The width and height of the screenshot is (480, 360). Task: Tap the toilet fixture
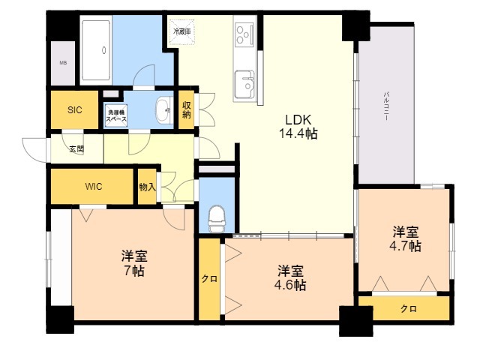(216, 217)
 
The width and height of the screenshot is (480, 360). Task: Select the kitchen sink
(244, 83)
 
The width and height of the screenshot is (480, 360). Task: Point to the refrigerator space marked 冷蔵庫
(182, 33)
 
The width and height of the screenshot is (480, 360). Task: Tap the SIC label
(75, 110)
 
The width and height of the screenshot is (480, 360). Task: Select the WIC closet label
(94, 186)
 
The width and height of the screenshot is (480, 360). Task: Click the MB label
(63, 62)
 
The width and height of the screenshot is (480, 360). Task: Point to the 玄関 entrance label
(76, 148)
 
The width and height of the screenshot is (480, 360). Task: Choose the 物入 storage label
(147, 186)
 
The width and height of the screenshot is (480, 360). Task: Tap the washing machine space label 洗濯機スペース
(115, 115)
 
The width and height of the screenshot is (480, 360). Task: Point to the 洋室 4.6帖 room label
(289, 277)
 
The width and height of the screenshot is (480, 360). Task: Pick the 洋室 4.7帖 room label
(405, 238)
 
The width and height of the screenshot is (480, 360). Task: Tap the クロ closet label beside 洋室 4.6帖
(209, 279)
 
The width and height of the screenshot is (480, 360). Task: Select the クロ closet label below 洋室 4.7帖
(408, 308)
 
